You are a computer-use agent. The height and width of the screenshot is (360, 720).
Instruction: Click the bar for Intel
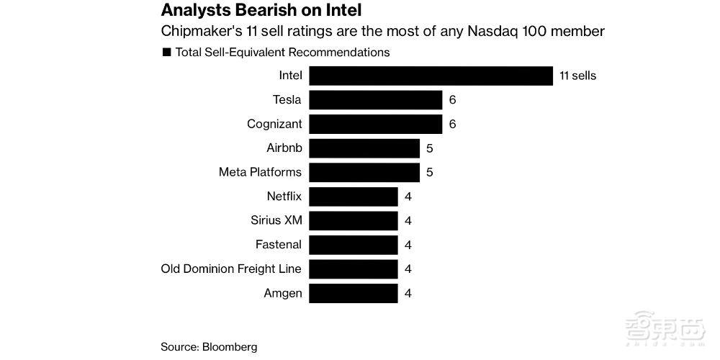pos(431,76)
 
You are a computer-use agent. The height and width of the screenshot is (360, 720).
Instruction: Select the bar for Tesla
pos(375,100)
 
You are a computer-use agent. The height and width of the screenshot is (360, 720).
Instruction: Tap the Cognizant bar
pos(375,124)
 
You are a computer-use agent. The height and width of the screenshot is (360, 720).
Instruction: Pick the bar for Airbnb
pos(364,148)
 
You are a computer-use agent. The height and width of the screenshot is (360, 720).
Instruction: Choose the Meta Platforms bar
pos(364,173)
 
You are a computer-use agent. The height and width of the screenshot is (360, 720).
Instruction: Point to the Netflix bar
pos(353,197)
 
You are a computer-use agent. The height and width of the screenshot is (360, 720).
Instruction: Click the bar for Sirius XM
pos(353,221)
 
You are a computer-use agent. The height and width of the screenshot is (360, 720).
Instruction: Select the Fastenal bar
pos(353,245)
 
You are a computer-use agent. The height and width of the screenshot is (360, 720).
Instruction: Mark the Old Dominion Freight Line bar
pos(353,269)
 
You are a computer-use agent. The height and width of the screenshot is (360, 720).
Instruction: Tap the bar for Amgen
pos(353,293)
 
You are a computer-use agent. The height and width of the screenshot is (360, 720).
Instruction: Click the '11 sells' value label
pos(577,76)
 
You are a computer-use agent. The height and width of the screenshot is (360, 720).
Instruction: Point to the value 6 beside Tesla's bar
pos(453,100)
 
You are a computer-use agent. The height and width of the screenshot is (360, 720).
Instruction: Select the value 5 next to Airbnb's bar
pos(430,148)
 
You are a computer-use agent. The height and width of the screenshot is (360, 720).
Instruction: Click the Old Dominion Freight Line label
pos(231,269)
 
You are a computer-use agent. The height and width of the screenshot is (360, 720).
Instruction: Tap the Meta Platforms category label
pos(260,173)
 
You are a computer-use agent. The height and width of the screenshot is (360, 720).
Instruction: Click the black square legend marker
pos(166,52)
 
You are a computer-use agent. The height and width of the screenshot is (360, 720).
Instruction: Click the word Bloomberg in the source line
pos(229,347)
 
